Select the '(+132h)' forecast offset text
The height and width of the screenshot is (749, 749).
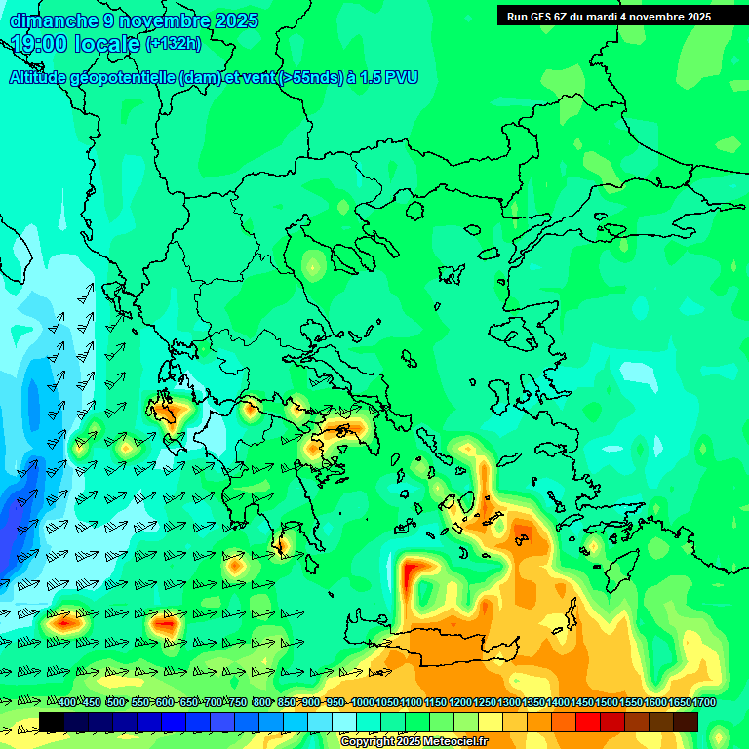173,44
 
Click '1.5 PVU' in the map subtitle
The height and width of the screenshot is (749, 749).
390,78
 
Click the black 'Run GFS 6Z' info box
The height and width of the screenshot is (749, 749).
622,17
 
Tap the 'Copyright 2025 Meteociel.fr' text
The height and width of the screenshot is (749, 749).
414,742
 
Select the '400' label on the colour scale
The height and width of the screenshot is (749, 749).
67,703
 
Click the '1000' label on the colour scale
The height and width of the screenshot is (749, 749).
362,703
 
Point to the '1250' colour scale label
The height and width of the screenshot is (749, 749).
485,703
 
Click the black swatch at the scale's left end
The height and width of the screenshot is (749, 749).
52,722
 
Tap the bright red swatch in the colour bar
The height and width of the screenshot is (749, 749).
588,722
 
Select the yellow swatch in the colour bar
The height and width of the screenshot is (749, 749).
491,722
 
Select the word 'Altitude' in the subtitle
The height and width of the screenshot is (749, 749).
39,78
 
